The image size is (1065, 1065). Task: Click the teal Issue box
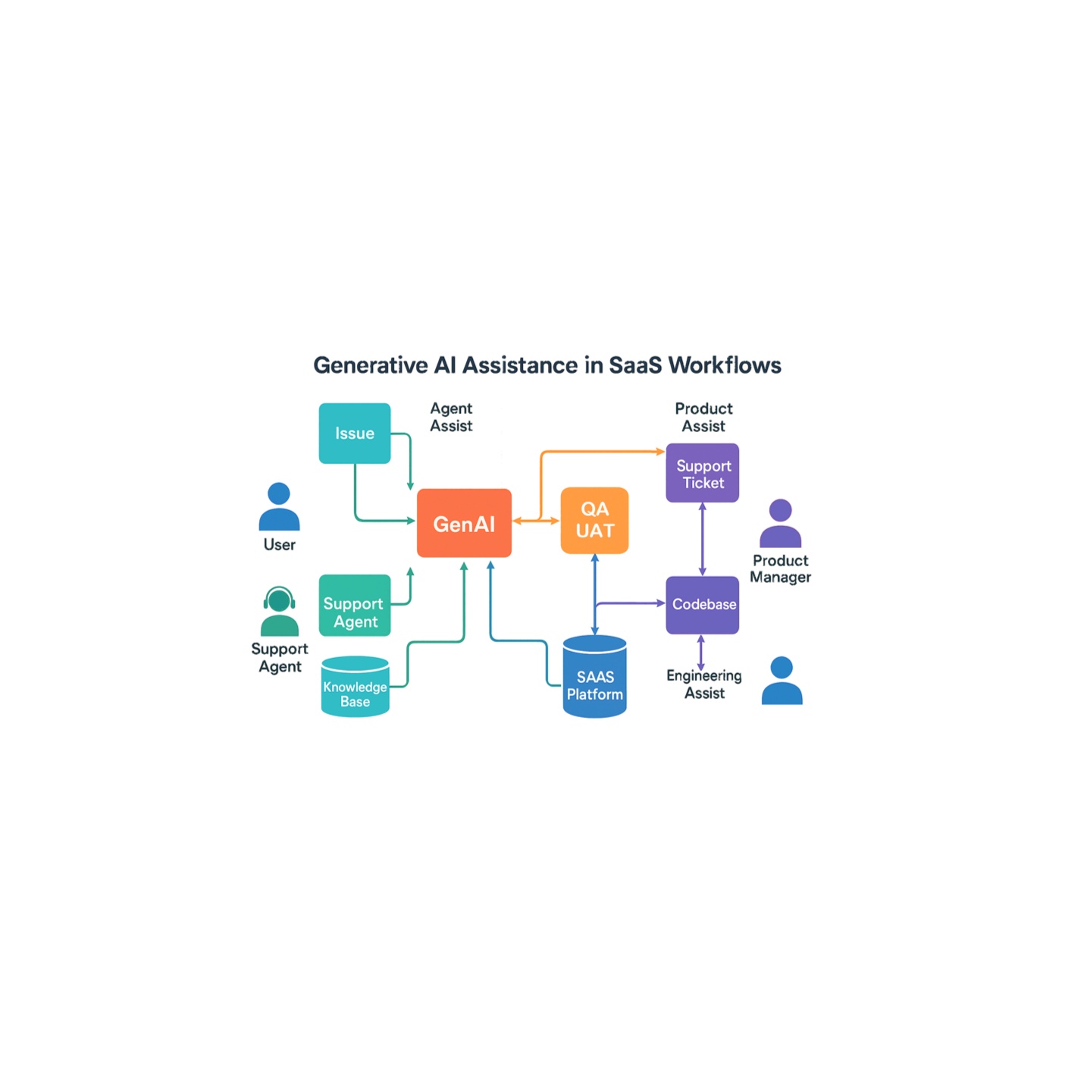[x=355, y=433]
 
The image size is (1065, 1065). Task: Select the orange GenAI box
[x=464, y=523]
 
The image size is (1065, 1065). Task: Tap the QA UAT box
[x=594, y=520]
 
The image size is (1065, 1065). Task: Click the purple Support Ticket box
[x=703, y=473]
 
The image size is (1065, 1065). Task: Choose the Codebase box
[x=703, y=604]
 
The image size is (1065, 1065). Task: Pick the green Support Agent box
[x=355, y=605]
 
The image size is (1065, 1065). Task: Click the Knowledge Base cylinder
[x=355, y=687]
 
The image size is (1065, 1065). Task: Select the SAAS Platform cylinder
[x=594, y=678]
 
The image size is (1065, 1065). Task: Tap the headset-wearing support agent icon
[x=280, y=611]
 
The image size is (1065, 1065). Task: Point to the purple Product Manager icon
[x=780, y=523]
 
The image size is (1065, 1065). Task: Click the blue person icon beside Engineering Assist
[x=782, y=681]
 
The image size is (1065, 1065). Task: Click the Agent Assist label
[x=451, y=417]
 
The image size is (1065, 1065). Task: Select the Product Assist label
[x=703, y=417]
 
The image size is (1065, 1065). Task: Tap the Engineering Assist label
[x=704, y=684]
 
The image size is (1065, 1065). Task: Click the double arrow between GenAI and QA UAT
[x=536, y=521]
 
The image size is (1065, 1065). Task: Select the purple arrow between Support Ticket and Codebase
[x=702, y=539]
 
